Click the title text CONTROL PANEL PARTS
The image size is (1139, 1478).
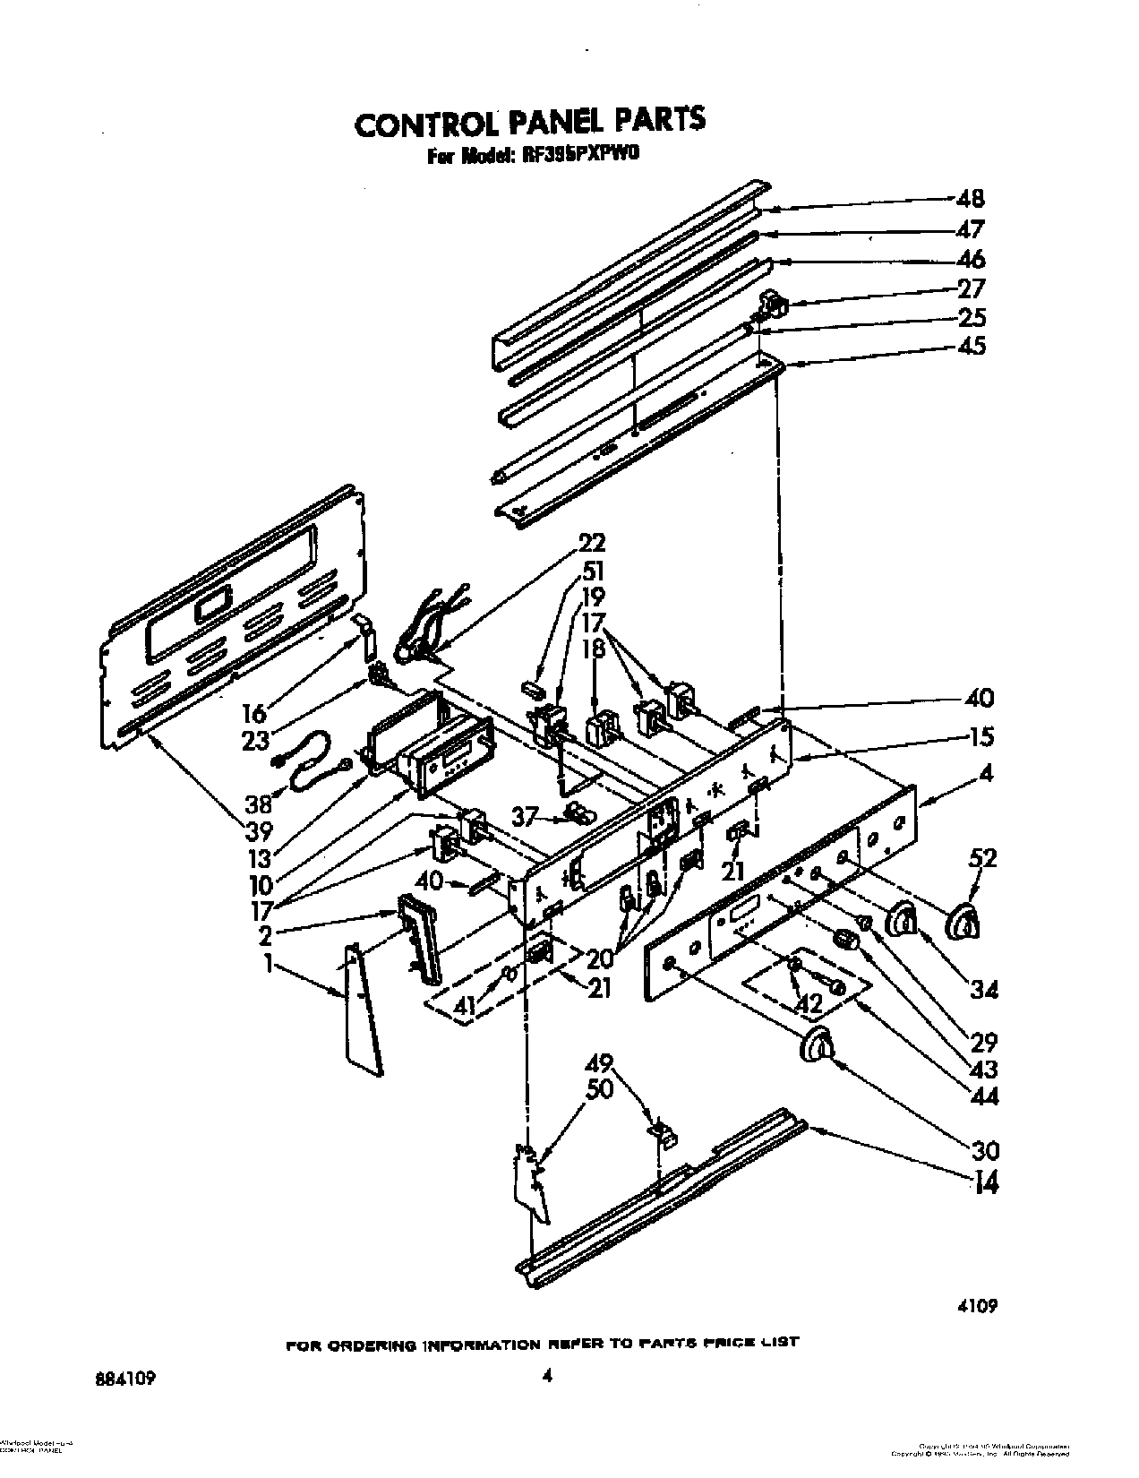coord(530,122)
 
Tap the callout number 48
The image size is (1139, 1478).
coord(970,199)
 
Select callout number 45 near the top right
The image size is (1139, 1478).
coord(971,345)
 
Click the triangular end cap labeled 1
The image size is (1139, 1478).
coord(363,1008)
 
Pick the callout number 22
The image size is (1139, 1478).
coord(592,543)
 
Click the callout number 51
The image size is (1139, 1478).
coord(592,571)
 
